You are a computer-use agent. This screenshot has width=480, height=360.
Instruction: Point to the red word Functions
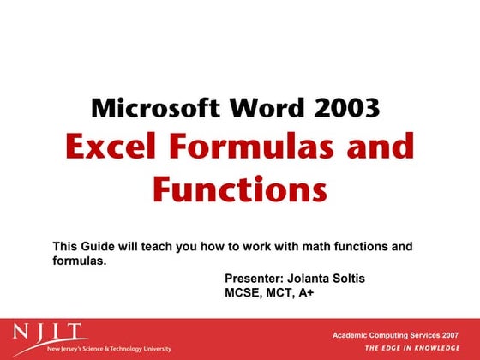(x=240, y=188)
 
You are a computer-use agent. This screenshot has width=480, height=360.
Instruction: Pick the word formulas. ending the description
(x=80, y=261)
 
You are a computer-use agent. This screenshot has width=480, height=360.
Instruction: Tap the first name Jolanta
(x=312, y=279)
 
